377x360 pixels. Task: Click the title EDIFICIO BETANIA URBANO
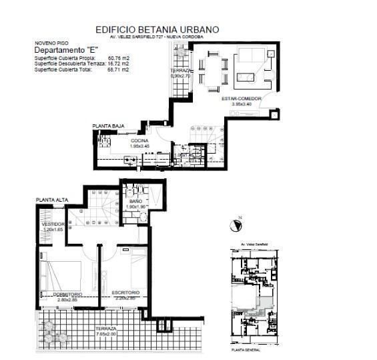157,29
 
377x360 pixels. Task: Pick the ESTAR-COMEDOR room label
241,99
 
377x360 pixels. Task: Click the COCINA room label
139,141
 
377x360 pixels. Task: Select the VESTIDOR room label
53,224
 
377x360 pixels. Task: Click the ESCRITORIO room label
125,293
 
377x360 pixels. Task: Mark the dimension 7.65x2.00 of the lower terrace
105,334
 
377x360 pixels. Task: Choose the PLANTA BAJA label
108,126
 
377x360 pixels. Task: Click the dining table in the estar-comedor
214,71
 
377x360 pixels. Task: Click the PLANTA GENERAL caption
245,349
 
